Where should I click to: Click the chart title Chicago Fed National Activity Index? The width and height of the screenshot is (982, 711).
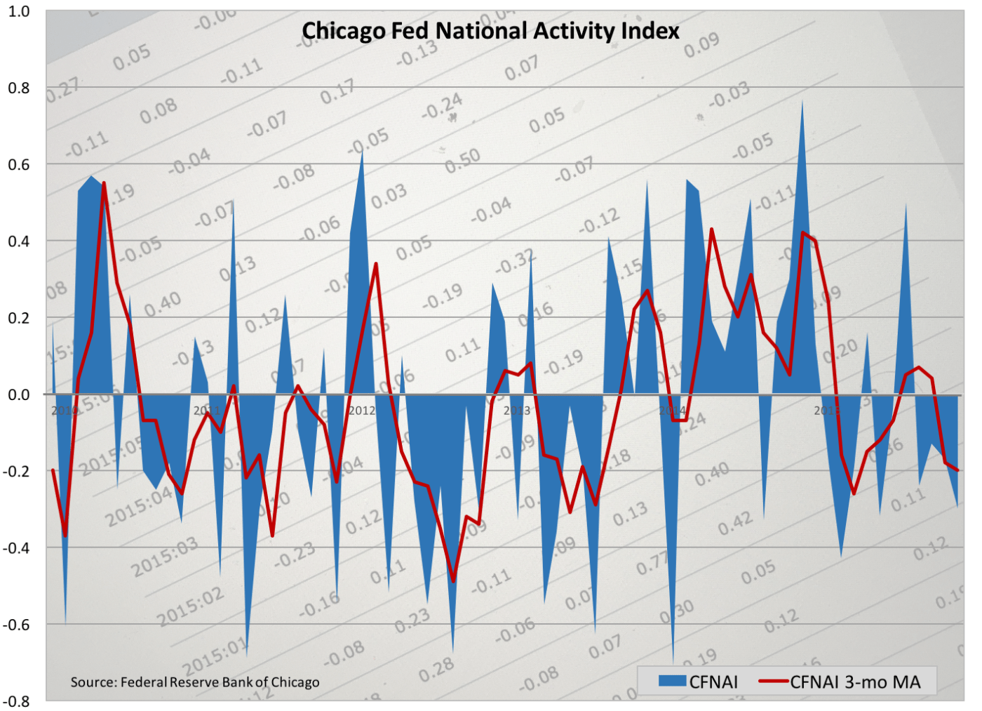[490, 31]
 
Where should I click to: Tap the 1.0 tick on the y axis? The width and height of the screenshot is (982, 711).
[19, 11]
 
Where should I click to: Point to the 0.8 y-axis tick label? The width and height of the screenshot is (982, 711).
[19, 88]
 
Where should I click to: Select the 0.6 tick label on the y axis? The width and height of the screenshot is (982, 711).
[19, 164]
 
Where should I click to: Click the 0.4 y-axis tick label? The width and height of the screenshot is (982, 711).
[19, 241]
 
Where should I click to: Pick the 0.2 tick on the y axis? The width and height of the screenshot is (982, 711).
[19, 317]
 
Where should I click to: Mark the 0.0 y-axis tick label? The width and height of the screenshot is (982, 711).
[19, 394]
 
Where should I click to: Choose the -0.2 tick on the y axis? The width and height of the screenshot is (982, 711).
[17, 471]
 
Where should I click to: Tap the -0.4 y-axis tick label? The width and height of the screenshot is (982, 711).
[17, 547]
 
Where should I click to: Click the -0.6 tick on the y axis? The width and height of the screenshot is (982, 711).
[17, 624]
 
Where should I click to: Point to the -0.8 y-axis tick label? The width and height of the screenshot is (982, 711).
[17, 700]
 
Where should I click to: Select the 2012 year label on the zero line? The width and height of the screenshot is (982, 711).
[362, 411]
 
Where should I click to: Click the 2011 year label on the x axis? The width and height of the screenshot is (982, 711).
[207, 411]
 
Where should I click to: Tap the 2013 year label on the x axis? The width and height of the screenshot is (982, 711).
[517, 411]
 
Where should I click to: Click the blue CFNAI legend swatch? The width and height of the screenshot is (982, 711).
[672, 681]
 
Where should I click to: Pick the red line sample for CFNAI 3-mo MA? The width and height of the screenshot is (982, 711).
[774, 681]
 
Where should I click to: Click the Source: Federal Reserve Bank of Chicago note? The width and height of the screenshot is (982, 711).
[195, 682]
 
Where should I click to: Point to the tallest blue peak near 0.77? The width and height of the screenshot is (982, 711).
[802, 102]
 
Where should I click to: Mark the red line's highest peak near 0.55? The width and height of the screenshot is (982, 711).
[104, 183]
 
